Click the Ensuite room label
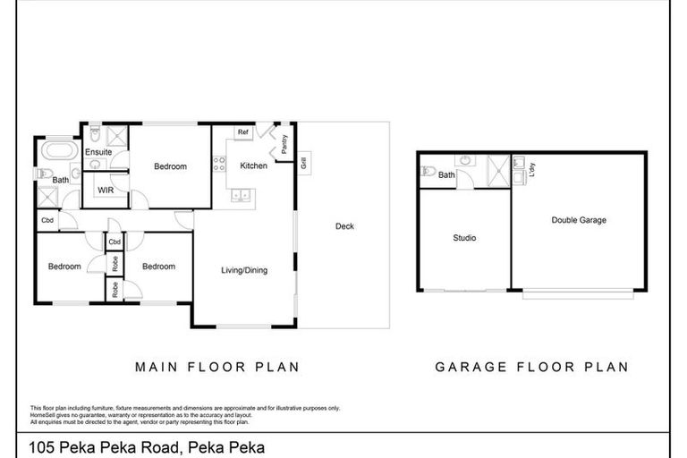[98, 152]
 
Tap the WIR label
[104, 191]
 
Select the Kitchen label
[253, 166]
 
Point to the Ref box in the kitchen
[242, 133]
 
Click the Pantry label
[284, 144]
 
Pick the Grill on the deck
[304, 164]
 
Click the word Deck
[344, 226]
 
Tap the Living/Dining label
[244, 270]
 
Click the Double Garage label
[580, 219]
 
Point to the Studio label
[463, 238]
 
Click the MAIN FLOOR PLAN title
[216, 366]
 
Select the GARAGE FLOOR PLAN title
[530, 366]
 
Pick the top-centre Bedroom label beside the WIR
[170, 166]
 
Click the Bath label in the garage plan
[445, 175]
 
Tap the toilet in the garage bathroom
[428, 172]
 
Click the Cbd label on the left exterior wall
[47, 220]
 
